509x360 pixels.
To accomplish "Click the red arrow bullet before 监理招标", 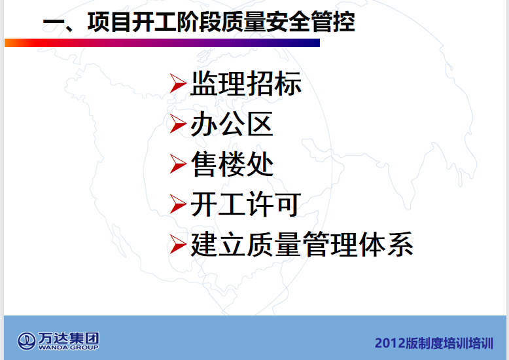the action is (x=178, y=84).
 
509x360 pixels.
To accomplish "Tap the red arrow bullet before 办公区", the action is (x=178, y=124).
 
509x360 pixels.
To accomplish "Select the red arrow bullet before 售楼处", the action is (x=178, y=164).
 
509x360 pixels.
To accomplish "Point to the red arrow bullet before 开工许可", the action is (x=178, y=204).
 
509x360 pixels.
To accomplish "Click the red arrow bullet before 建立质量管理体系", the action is (x=178, y=244).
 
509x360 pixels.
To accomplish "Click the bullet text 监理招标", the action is (x=246, y=84).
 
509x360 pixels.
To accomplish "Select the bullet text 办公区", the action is (x=232, y=124).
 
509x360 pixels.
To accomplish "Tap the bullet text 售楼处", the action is (x=232, y=164).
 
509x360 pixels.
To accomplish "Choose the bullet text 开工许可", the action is (x=246, y=204).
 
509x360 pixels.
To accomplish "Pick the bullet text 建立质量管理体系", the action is (x=302, y=244).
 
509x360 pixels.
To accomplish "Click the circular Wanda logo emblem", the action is (x=27, y=341).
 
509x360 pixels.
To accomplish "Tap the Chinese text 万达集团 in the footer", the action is (x=69, y=338).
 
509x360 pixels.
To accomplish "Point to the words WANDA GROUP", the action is (x=69, y=348).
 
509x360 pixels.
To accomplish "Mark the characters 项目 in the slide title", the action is (x=109, y=22).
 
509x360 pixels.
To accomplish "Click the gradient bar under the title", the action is (x=162, y=43).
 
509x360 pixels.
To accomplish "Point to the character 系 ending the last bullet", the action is (x=400, y=244).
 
